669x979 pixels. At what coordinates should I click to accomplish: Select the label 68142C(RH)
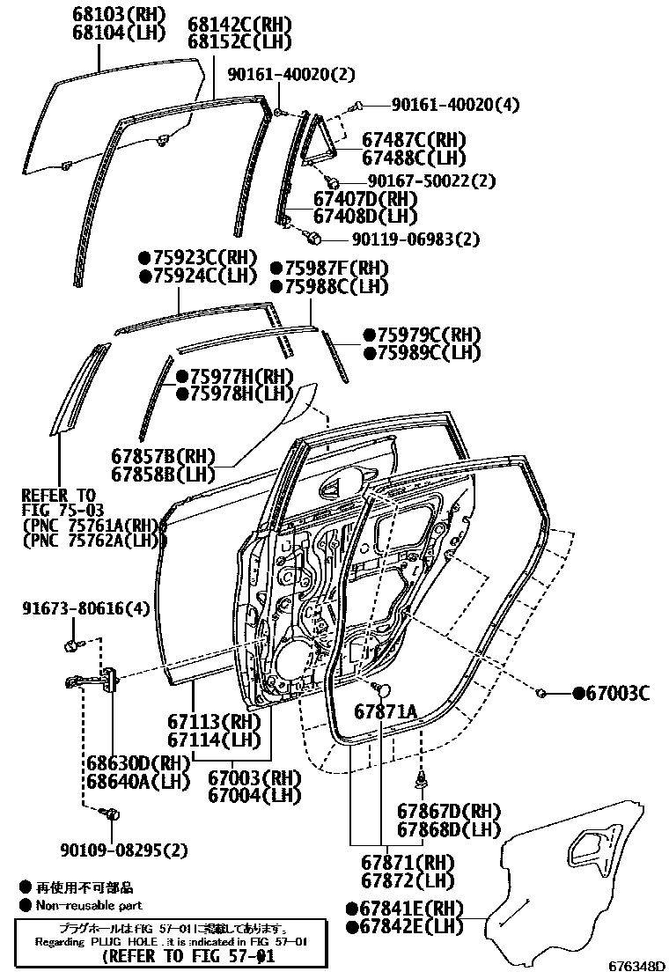239,24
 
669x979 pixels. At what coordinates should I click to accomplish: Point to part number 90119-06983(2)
416,239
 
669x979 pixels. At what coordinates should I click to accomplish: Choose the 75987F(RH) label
329,269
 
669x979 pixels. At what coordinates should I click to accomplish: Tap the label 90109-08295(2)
124,850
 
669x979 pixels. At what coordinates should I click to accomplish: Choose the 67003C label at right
612,694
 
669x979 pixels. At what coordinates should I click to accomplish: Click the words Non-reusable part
88,905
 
